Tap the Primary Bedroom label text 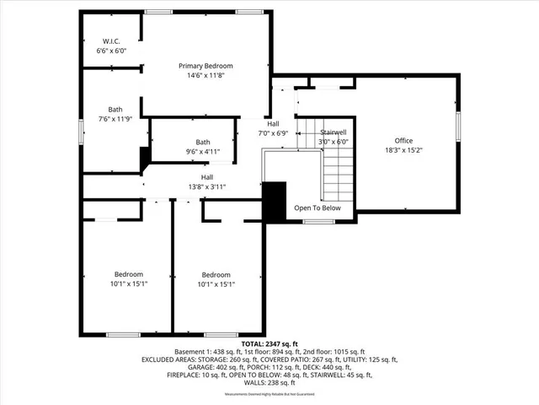click(205, 66)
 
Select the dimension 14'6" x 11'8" click(205, 75)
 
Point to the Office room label click(405, 141)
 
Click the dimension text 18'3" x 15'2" click(405, 150)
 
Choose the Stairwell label click(334, 132)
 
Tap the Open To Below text click(318, 208)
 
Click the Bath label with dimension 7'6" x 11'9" click(115, 110)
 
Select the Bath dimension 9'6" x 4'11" click(203, 152)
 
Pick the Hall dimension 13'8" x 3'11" click(206, 186)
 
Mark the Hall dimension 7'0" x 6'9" click(274, 132)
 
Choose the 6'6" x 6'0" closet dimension click(111, 51)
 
